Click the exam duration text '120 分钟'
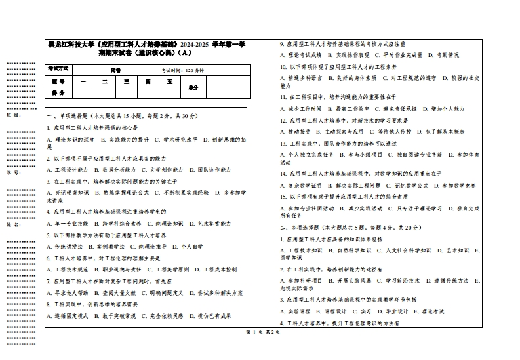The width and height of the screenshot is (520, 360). pos(195,70)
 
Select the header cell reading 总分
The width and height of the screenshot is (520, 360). pos(193,87)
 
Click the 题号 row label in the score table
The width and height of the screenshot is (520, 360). pos(58,82)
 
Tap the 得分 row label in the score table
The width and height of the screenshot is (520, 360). pos(58,93)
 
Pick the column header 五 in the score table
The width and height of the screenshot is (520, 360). pos(169,82)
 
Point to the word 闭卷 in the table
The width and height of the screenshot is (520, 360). pos(115,70)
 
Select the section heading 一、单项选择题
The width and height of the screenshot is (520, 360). pos(73,116)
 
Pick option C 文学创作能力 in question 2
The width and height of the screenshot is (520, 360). pos(154,170)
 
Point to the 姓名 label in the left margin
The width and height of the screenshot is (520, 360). pos(11,224)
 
